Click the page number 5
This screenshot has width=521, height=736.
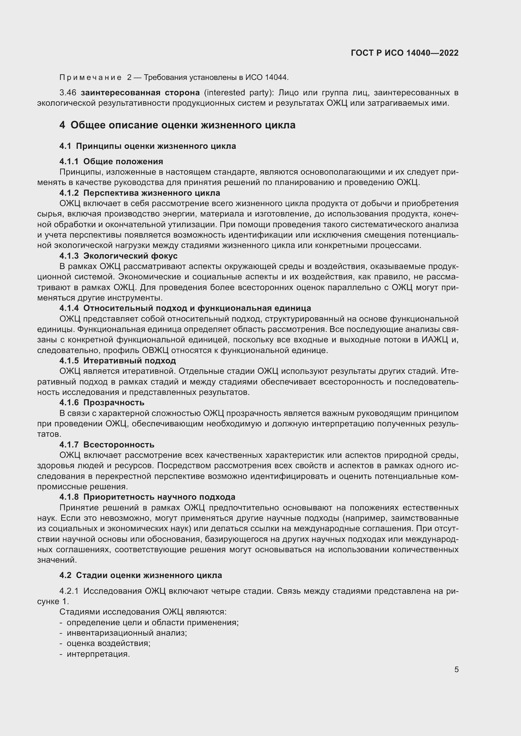(456, 669)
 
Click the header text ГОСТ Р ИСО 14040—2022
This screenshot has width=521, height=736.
(404, 53)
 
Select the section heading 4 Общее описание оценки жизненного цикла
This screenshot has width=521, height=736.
(177, 125)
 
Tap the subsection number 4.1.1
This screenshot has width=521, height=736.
(69, 161)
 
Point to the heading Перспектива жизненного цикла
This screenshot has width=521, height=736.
(152, 193)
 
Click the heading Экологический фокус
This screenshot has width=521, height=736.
(130, 256)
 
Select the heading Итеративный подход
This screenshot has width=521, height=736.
(129, 361)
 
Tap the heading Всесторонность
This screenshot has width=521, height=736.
(119, 445)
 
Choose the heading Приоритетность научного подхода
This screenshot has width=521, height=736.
(159, 497)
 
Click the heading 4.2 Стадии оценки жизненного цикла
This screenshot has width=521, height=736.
(140, 575)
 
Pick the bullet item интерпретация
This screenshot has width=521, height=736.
(98, 654)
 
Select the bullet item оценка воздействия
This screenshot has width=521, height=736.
(108, 643)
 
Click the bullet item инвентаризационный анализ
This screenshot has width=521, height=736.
(126, 633)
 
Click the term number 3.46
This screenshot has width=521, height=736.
(68, 93)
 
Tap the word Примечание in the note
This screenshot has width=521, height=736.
(90, 77)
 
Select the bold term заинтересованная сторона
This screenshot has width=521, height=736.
(140, 93)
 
